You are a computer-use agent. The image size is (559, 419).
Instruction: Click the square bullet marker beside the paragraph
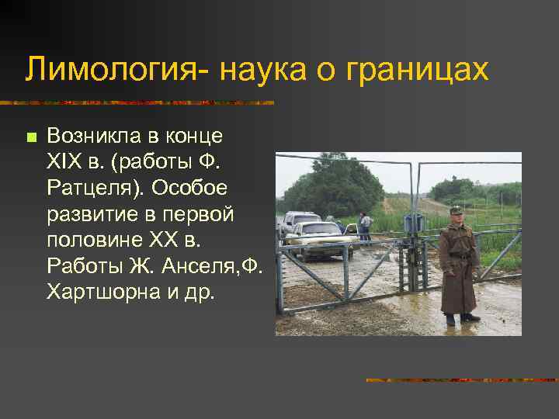click(x=30, y=138)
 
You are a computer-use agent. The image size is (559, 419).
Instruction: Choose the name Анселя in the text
click(x=196, y=266)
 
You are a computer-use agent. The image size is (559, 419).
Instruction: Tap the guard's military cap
click(x=457, y=209)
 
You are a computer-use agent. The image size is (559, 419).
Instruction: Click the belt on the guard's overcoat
click(x=459, y=255)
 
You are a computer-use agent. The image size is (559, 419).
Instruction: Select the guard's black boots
click(x=460, y=318)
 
